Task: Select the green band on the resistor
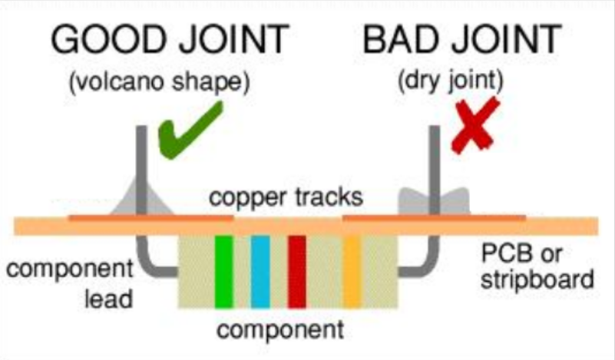coord(224,272)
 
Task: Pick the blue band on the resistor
coord(260,272)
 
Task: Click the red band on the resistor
coord(297,272)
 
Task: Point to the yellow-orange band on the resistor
coord(352,272)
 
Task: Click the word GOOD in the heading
coord(110,39)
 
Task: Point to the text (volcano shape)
coord(159,82)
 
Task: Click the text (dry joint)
coord(450,81)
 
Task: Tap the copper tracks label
coord(286,197)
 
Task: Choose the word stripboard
coord(537,280)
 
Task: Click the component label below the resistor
coord(280,329)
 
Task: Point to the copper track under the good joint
coord(151,218)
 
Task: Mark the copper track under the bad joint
coord(434,218)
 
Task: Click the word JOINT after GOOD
coord(234,39)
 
